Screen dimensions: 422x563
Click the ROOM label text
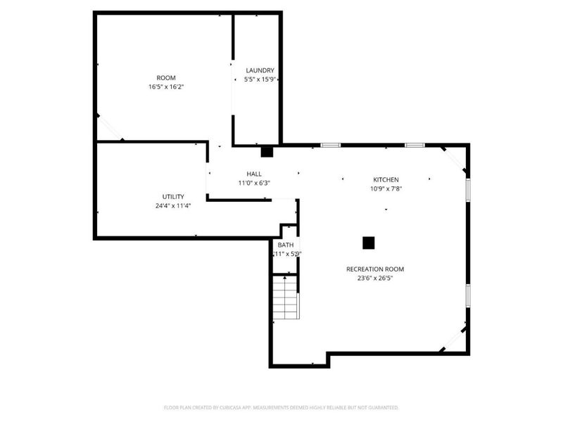(166, 77)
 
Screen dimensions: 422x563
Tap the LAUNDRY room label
(260, 70)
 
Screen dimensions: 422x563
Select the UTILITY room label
(172, 196)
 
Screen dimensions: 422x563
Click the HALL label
(254, 174)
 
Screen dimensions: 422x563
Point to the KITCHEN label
(385, 179)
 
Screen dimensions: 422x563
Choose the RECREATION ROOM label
(375, 269)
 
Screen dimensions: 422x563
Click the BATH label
(285, 245)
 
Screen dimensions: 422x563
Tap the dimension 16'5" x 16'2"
(166, 87)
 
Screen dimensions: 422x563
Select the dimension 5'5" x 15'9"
(259, 79)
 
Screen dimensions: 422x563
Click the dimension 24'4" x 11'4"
(172, 205)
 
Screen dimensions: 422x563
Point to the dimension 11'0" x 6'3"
(254, 183)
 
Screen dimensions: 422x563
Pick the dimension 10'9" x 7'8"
(385, 188)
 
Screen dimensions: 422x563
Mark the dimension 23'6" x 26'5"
(375, 278)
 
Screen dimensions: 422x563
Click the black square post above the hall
(267, 151)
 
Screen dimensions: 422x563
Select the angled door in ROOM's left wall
(110, 127)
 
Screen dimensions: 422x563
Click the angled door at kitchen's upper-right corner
(454, 159)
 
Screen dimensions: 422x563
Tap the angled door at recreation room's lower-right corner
(453, 339)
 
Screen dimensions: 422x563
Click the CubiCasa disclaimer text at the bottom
(281, 407)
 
